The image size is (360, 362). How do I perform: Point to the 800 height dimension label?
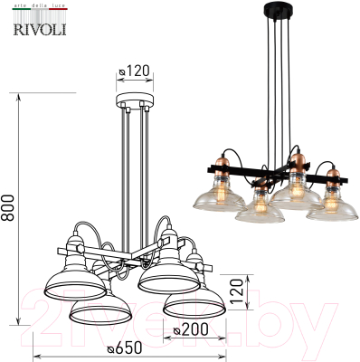tap(9, 211)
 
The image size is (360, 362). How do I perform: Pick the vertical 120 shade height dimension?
tap(237, 292)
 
